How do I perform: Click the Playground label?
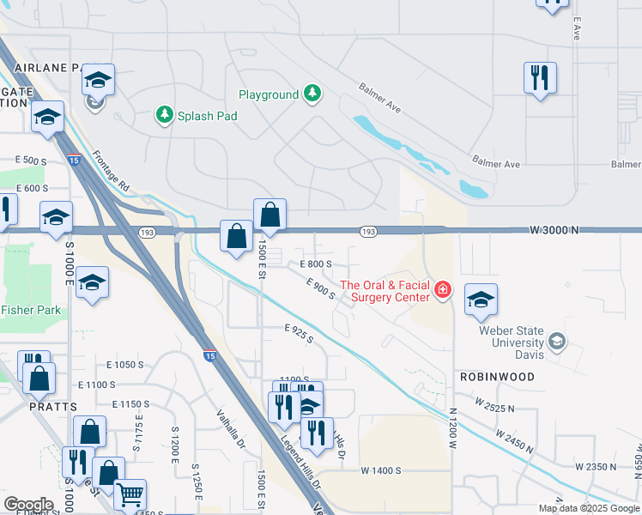point(268,95)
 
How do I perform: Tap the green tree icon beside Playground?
point(313,94)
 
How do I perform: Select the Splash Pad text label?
point(207,114)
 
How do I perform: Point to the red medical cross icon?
point(443,290)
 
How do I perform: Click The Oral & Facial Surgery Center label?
point(385,291)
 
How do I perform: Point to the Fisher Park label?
point(31,310)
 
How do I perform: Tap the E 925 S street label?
point(299,333)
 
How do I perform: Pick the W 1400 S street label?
point(382,470)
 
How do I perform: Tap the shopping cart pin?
point(130,494)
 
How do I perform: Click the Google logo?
point(28,505)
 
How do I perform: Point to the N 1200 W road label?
point(452,429)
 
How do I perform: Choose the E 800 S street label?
point(315,264)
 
